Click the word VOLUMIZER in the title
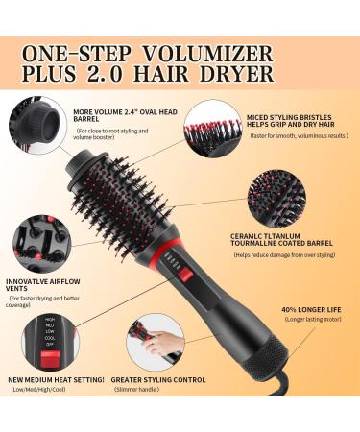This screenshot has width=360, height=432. tap(225, 52)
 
